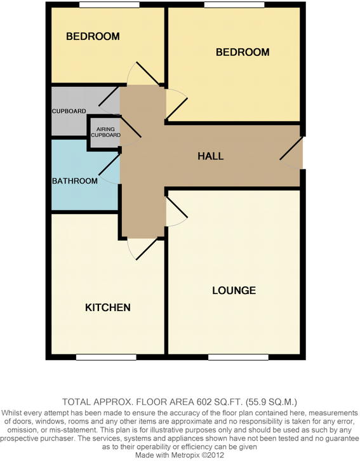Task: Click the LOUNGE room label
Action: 234,291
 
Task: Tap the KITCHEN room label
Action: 108,308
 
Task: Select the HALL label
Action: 210,156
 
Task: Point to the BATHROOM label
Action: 75,181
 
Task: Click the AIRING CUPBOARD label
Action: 105,132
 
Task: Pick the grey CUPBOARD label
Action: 69,112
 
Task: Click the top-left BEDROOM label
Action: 93,37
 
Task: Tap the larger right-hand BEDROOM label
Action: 243,52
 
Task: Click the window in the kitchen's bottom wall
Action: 106,357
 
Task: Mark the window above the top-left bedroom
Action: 109,5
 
